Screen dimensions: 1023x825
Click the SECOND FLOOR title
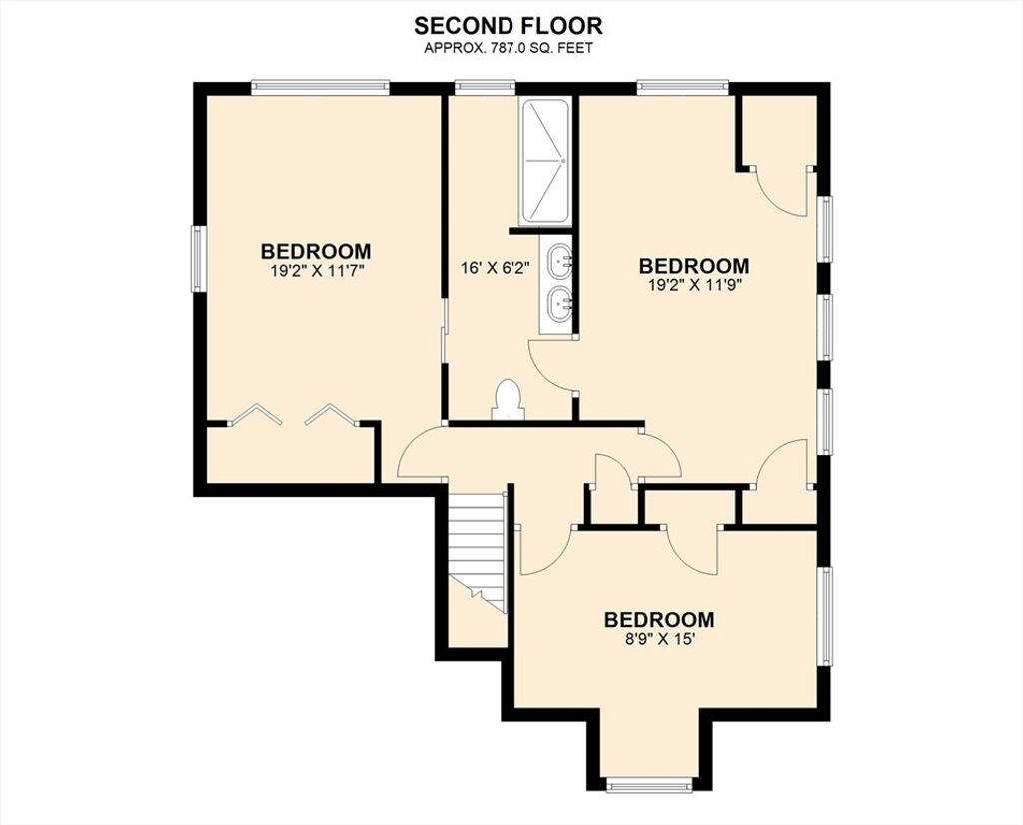coord(509,25)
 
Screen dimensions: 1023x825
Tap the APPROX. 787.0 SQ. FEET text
coord(509,48)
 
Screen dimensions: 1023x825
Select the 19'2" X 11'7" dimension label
coord(316,270)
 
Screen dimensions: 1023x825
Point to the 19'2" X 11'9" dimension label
coord(694,285)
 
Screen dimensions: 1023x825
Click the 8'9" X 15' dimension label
coord(659,639)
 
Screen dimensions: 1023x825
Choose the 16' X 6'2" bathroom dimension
coord(495,268)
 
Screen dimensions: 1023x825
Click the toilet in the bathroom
coord(508,400)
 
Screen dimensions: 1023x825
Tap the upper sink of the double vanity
coord(559,261)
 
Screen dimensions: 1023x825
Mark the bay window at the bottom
coord(648,785)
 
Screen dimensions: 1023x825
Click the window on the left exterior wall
coord(198,259)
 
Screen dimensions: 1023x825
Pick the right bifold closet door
coord(331,414)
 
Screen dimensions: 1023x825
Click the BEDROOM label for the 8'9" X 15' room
coord(659,619)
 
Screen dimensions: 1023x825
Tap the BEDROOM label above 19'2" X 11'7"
coord(316,251)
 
